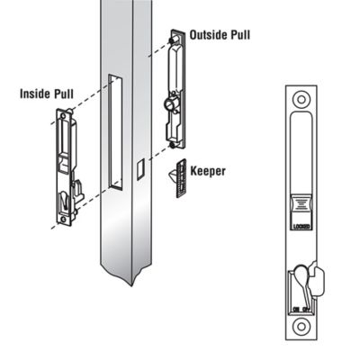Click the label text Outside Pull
[x=220, y=36]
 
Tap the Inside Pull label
[x=48, y=94]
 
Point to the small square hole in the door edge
[x=139, y=167]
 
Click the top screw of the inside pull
[x=66, y=113]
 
